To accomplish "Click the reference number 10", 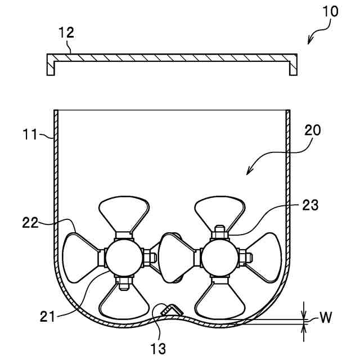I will pyautogui.click(x=330, y=11).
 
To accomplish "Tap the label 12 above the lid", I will pyautogui.click(x=66, y=33).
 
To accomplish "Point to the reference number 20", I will pyautogui.click(x=313, y=131).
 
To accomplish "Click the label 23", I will pyautogui.click(x=310, y=206).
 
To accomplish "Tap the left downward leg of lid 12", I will pyautogui.click(x=51, y=67).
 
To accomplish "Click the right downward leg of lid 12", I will pyautogui.click(x=292, y=67).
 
